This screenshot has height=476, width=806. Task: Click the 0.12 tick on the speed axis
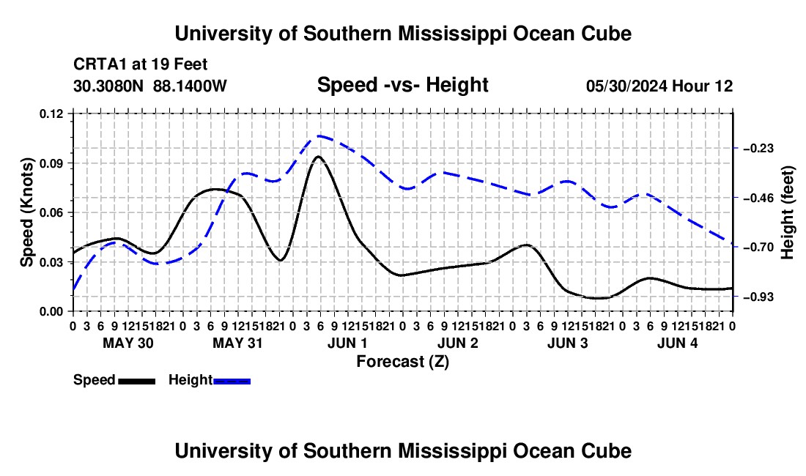[x=51, y=114]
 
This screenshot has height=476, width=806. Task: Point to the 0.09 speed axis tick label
[x=51, y=164]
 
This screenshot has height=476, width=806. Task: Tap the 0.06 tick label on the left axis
[x=51, y=213]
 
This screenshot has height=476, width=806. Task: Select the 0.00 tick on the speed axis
[x=51, y=312]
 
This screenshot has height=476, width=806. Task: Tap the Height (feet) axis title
[x=788, y=212]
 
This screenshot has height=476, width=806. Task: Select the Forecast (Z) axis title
[x=402, y=362]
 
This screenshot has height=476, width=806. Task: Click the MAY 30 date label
[x=128, y=343]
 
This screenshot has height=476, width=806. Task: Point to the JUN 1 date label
[x=347, y=343]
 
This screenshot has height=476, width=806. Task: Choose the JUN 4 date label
[x=678, y=343]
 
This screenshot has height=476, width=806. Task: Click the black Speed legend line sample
[x=137, y=381]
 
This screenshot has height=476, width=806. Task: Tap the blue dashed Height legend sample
[x=232, y=381]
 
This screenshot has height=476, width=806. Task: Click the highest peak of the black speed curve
[x=319, y=156]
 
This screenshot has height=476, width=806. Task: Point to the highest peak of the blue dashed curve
[x=319, y=136]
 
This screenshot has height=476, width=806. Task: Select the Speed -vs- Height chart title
[x=402, y=85]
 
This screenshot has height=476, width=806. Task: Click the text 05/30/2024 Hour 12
[x=659, y=86]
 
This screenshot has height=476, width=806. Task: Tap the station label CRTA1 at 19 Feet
[x=141, y=64]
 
